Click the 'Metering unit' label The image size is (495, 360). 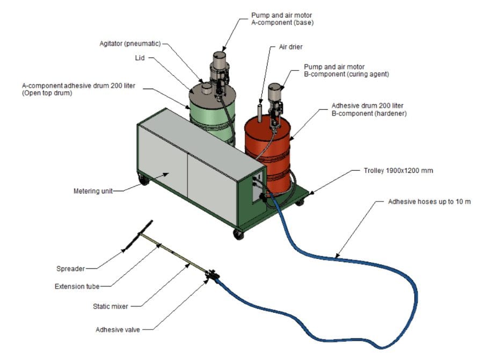pyautogui.click(x=93, y=191)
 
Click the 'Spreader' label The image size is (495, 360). pyautogui.click(x=70, y=268)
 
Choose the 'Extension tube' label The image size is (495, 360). pyautogui.click(x=77, y=286)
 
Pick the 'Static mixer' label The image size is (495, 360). pyautogui.click(x=108, y=306)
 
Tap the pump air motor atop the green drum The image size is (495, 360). pyautogui.click(x=219, y=64)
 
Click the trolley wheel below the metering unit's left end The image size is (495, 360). pyautogui.click(x=144, y=180)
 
